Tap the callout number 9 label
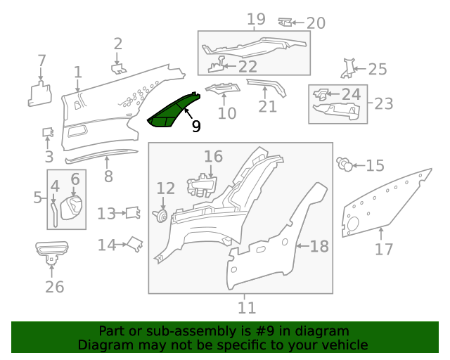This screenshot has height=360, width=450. tap(196, 127)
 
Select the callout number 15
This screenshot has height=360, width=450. tap(375, 166)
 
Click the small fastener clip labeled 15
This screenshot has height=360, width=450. tap(345, 164)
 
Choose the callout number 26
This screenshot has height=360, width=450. tap(54, 287)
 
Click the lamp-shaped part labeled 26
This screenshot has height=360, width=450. tap(53, 250)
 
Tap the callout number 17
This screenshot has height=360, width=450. tap(384, 249)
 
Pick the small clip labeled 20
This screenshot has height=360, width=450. tap(286, 22)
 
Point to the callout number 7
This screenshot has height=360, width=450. tap(41, 60)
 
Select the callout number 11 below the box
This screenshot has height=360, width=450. tap(246, 307)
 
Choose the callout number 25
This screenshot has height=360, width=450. tap(378, 69)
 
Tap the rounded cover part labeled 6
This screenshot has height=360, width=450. tap(72, 209)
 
